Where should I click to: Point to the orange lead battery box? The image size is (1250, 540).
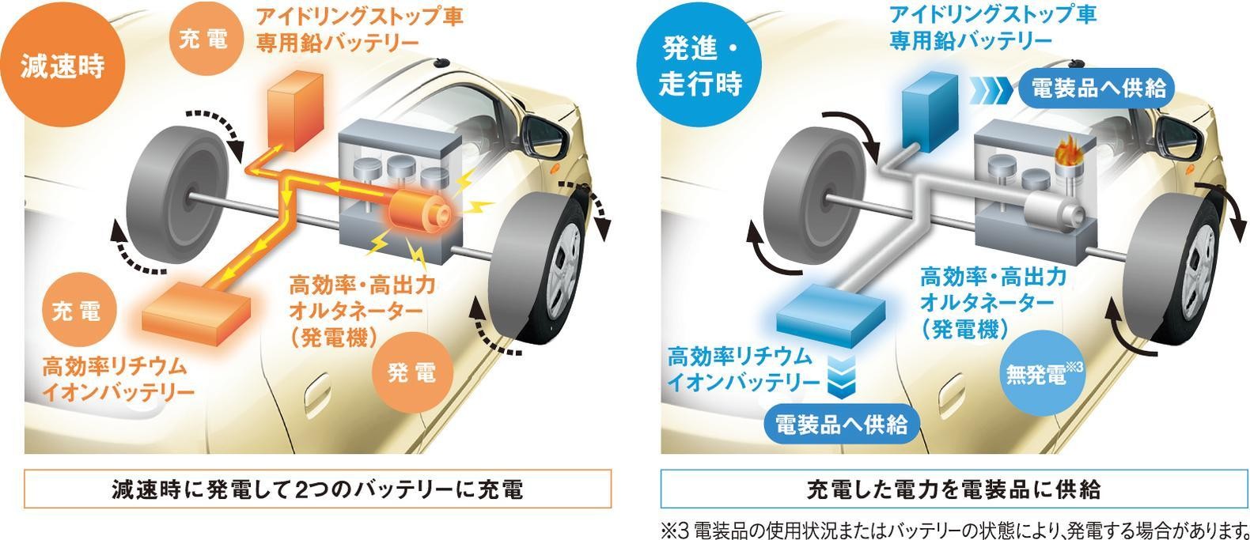pyautogui.click(x=295, y=113)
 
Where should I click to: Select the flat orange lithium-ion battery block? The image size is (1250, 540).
pyautogui.click(x=196, y=314)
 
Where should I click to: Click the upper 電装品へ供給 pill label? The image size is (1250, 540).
pyautogui.click(x=1097, y=88)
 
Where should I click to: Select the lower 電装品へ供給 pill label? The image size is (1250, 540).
pyautogui.click(x=842, y=425)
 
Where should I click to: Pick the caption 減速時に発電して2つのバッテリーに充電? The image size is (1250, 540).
pyautogui.click(x=317, y=489)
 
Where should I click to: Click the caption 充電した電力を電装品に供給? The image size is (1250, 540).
pyautogui.click(x=953, y=489)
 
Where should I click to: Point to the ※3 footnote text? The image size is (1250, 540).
pyautogui.click(x=954, y=530)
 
